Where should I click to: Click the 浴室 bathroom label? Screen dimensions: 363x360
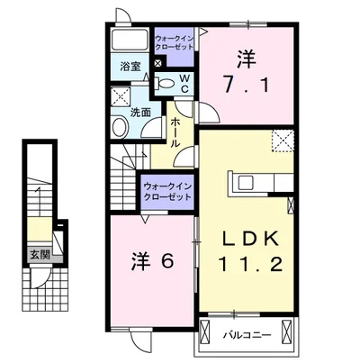point(130,67)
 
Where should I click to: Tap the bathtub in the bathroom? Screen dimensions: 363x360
point(130,41)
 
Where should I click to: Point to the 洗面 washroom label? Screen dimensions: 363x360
point(139,113)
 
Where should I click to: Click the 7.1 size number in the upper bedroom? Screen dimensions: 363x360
point(246,88)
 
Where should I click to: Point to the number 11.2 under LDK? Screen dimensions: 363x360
point(245,267)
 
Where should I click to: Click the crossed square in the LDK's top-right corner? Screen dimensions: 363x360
point(283,140)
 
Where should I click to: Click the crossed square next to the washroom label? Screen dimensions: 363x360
point(120,96)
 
